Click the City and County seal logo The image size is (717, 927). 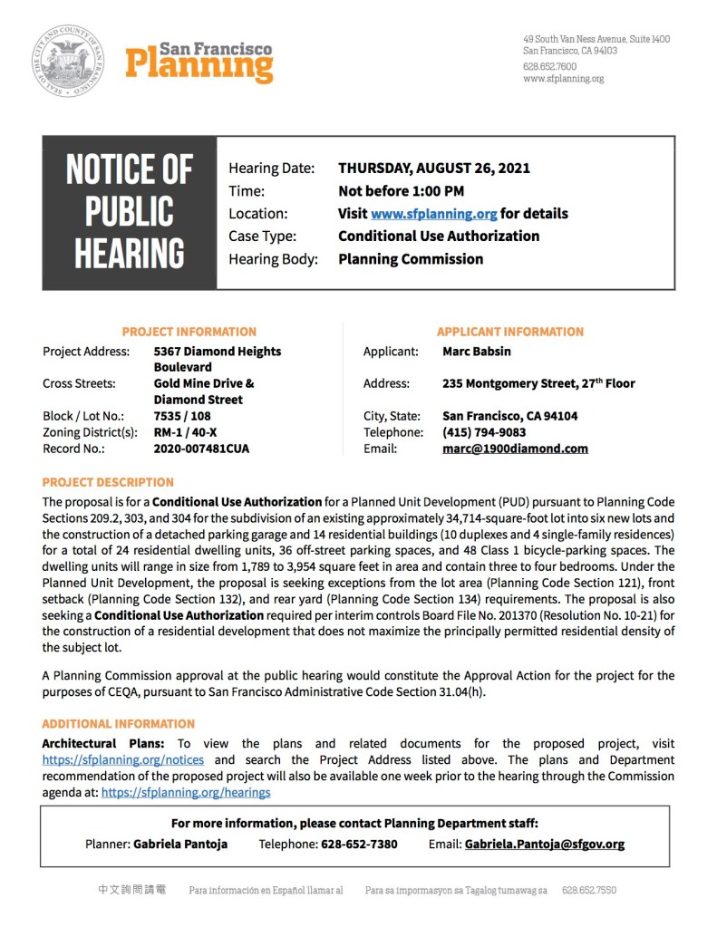68,62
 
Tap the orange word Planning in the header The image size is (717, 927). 199,65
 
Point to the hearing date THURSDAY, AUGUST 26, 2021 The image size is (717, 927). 434,169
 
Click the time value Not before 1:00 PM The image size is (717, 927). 401,191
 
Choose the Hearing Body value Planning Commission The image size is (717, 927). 411,259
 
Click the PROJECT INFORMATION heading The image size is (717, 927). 189,332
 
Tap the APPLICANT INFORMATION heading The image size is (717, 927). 509,332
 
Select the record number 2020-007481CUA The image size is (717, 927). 201,449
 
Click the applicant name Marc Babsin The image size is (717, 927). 477,351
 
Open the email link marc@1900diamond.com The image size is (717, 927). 515,449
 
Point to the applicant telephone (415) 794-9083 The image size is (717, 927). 484,432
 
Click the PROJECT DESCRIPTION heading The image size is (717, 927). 108,482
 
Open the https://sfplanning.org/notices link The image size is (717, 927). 122,760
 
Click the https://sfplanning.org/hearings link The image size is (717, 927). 186,792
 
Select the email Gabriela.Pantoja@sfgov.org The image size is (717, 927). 544,844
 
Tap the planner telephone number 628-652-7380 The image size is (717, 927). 359,844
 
